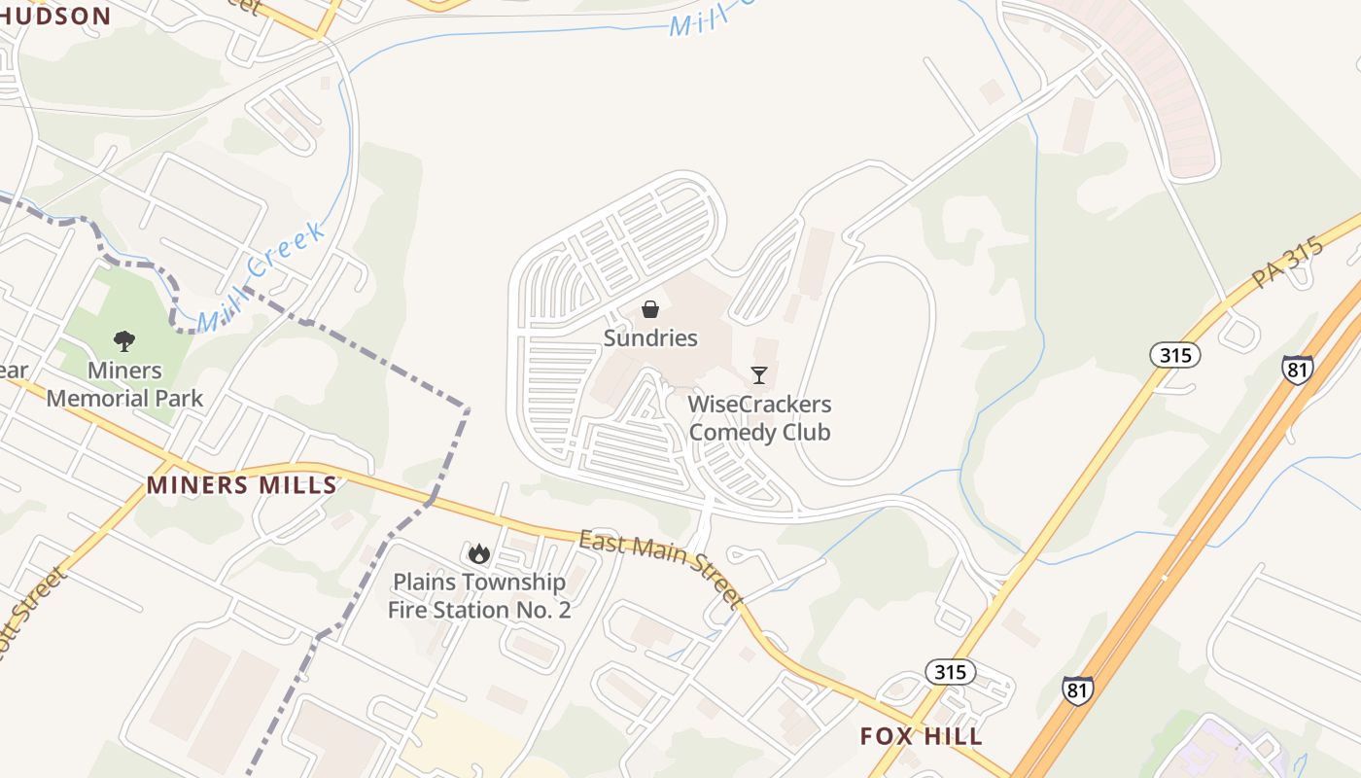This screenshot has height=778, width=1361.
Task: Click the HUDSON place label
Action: pyautogui.click(x=55, y=15)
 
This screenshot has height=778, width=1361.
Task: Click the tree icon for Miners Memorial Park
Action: pyautogui.click(x=124, y=341)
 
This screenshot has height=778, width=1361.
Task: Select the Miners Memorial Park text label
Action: pyautogui.click(x=124, y=384)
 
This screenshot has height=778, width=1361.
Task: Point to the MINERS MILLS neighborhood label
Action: pyautogui.click(x=241, y=485)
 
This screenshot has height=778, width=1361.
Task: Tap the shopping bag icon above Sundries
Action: pyautogui.click(x=650, y=309)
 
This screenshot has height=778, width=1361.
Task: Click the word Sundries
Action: pyautogui.click(x=650, y=338)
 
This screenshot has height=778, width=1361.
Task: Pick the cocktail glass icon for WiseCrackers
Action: pyautogui.click(x=759, y=374)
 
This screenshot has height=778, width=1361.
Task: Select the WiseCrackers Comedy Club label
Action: pyautogui.click(x=759, y=417)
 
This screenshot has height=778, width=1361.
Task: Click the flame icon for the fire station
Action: pyautogui.click(x=478, y=553)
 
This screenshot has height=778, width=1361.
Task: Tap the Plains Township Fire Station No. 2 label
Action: pyautogui.click(x=478, y=596)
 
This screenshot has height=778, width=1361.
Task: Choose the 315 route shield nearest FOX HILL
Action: pyautogui.click(x=950, y=672)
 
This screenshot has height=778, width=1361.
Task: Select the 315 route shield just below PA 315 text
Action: pyautogui.click(x=1174, y=355)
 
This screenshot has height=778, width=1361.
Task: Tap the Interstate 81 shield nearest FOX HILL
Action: pyautogui.click(x=1077, y=690)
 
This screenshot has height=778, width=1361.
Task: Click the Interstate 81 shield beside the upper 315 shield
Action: pyautogui.click(x=1298, y=370)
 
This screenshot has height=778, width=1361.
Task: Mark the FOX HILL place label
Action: pyautogui.click(x=921, y=736)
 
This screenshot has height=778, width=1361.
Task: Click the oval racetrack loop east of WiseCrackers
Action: pyautogui.click(x=809, y=370)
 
